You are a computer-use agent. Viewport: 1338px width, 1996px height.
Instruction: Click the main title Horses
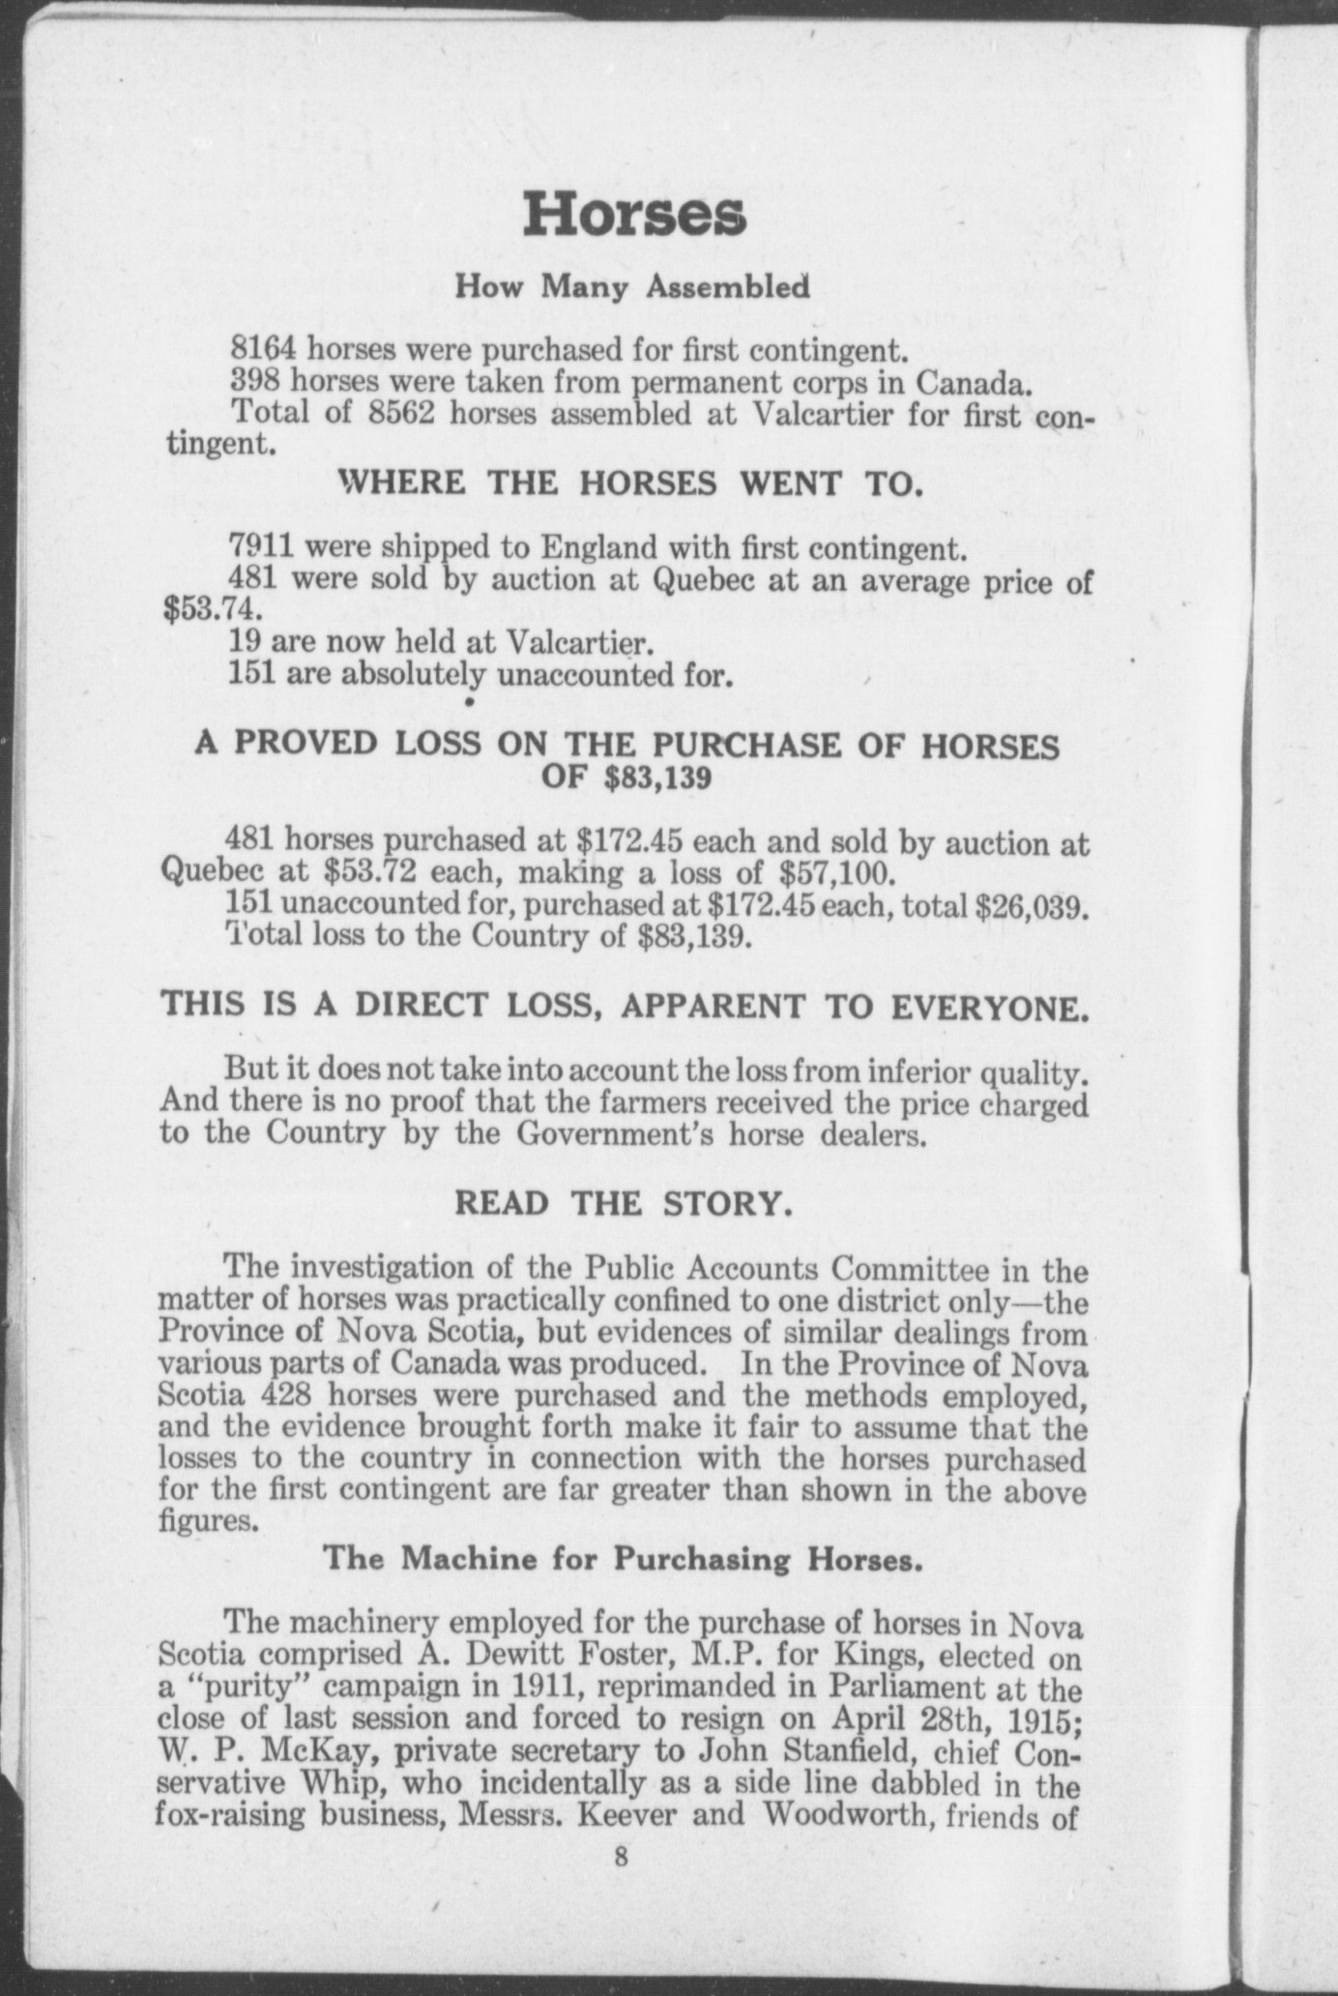pyautogui.click(x=633, y=216)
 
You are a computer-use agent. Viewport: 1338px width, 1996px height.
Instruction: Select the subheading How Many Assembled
pyautogui.click(x=633, y=287)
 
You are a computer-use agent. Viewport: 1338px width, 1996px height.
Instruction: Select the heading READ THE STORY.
pyautogui.click(x=625, y=1204)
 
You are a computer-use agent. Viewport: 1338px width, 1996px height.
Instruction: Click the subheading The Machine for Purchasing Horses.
pyautogui.click(x=619, y=1559)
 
